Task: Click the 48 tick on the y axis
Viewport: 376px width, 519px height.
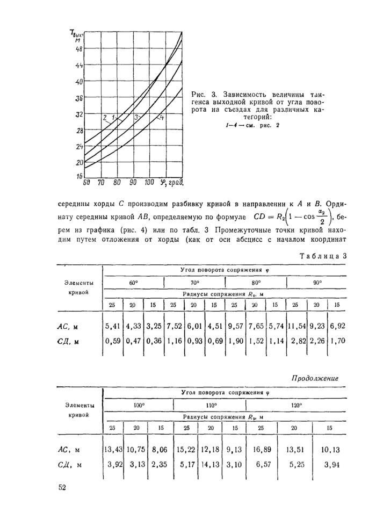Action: [79, 48]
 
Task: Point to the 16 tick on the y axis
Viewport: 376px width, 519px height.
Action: [79, 176]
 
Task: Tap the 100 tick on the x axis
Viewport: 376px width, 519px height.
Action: [149, 183]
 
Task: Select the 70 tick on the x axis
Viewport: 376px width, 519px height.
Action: [100, 183]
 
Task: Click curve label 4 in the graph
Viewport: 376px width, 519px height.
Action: [162, 117]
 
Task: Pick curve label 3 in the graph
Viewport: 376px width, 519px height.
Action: [136, 117]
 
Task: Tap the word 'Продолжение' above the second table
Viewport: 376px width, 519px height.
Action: [315, 378]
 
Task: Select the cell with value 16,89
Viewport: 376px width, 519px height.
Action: [260, 449]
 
